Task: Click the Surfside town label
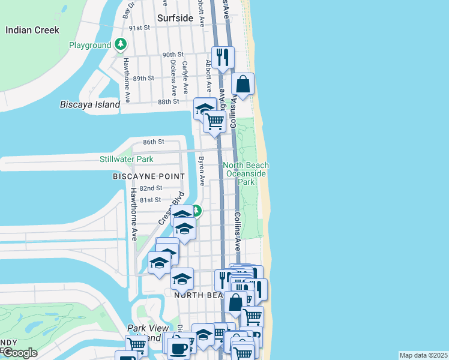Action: click(x=175, y=18)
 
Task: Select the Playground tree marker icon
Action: click(x=121, y=44)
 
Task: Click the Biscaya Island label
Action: click(x=90, y=104)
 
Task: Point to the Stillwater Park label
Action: click(x=127, y=159)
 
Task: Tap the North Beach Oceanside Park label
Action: click(x=246, y=173)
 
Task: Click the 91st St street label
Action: click(x=139, y=28)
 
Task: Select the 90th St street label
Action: click(x=172, y=55)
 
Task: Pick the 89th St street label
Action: click(x=143, y=79)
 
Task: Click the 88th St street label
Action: click(x=169, y=102)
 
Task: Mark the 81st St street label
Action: click(x=150, y=200)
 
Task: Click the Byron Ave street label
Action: click(x=202, y=171)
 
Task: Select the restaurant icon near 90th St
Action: click(x=223, y=58)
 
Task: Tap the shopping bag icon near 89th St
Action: click(x=243, y=85)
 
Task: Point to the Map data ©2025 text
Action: click(x=423, y=355)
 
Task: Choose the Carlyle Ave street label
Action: click(x=185, y=77)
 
